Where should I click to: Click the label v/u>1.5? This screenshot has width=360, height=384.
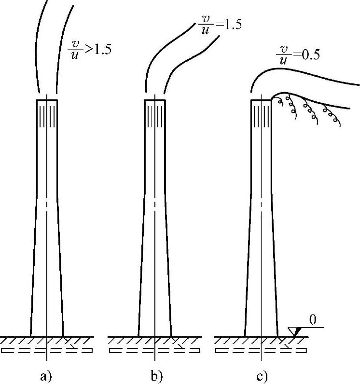89,50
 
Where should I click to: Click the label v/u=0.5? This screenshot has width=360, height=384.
298,55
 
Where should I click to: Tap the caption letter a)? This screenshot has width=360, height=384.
46,376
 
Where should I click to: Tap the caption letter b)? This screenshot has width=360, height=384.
157,376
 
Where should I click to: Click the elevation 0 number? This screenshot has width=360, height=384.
313,320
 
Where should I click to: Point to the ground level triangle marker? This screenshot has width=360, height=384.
294,331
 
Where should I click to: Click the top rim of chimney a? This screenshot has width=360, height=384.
47,100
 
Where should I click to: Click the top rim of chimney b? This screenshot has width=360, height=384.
155,100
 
